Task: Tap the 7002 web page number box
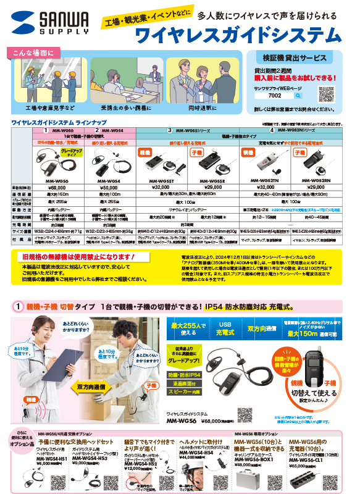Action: point(275,96)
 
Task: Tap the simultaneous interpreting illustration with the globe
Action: point(207,79)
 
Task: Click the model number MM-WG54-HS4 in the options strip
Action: point(196,453)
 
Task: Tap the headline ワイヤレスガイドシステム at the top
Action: point(238,33)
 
